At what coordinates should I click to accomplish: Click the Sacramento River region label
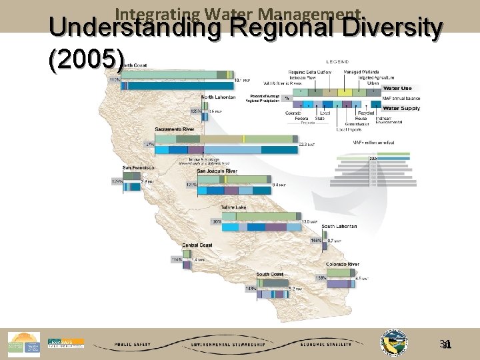coord(175,129)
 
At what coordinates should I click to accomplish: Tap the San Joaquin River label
coord(217,171)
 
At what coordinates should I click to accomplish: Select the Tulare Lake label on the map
coord(233,208)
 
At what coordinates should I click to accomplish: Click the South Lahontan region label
coord(339,226)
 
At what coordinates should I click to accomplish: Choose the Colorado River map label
coord(343,265)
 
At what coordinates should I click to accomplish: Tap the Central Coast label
coord(197,245)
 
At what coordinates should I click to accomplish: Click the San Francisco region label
coord(138,167)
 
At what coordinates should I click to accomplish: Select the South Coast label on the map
coord(269,274)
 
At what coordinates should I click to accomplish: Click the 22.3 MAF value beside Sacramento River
coord(307,144)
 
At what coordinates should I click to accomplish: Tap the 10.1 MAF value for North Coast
coord(243,80)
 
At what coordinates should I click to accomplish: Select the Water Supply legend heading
coord(400,108)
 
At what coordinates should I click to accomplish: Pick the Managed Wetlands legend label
coord(360,72)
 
